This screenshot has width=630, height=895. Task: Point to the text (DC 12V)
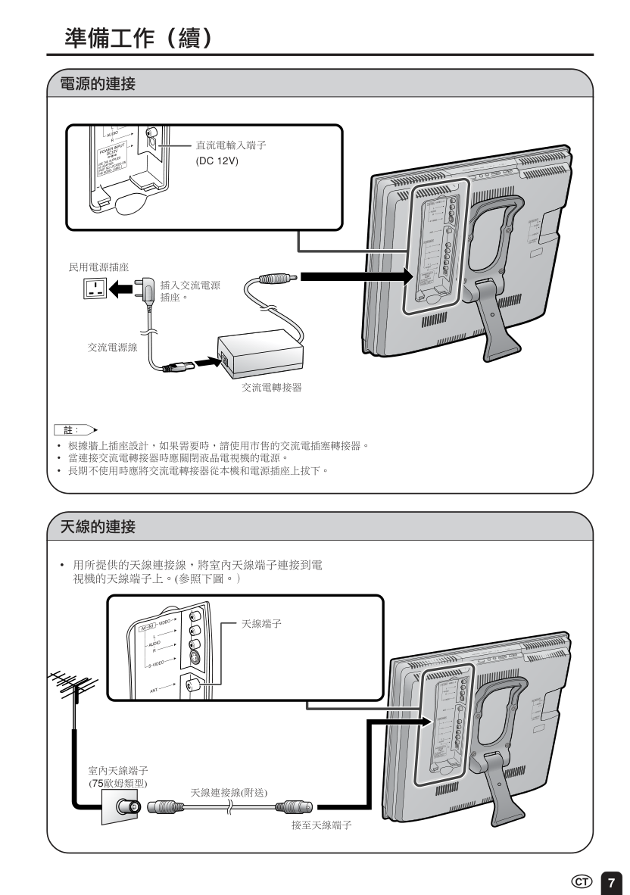point(217,160)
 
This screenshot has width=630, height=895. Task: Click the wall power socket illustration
point(95,288)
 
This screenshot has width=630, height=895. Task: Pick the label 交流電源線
point(112,347)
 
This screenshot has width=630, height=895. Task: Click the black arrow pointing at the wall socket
point(120,288)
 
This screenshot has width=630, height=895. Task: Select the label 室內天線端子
point(113,770)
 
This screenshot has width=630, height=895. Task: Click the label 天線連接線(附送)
point(229,792)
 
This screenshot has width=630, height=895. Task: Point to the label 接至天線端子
point(320,823)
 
